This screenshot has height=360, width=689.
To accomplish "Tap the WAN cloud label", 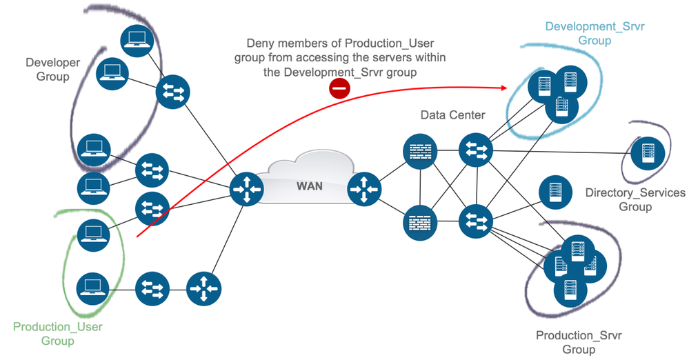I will tap(310, 186).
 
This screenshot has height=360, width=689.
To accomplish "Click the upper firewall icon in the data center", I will tap(419, 150).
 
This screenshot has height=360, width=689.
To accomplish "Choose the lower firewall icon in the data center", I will tap(419, 222).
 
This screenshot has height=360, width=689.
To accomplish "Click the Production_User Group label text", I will tap(58, 333).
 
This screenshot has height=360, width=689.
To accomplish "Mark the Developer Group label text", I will tap(52, 69).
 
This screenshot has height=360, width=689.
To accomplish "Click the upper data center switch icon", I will tap(476, 150).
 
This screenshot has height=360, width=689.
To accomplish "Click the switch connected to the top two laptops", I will tap(172, 92).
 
